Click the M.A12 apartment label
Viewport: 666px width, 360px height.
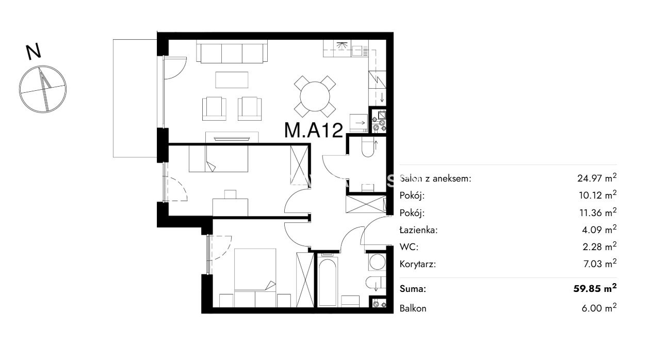point(314,130)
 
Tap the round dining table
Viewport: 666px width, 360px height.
point(315,96)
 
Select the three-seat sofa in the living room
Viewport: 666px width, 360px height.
point(232,52)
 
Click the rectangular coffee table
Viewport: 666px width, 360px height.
point(232,79)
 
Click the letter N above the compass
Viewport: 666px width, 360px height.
point(34,52)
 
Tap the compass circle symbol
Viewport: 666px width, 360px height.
point(43,89)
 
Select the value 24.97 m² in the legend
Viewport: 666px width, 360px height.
point(597,178)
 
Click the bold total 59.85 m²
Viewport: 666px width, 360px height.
point(595,288)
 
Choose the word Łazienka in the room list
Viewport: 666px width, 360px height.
point(418,230)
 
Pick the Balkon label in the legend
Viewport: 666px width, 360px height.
point(413,308)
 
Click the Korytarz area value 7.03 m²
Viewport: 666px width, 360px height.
point(600,264)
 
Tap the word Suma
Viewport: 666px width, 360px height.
point(413,289)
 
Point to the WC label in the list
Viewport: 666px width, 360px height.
point(409,247)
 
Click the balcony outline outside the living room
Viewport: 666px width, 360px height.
point(113,98)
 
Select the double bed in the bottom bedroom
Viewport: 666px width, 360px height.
point(255,278)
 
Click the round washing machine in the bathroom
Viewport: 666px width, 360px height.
point(377,262)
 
